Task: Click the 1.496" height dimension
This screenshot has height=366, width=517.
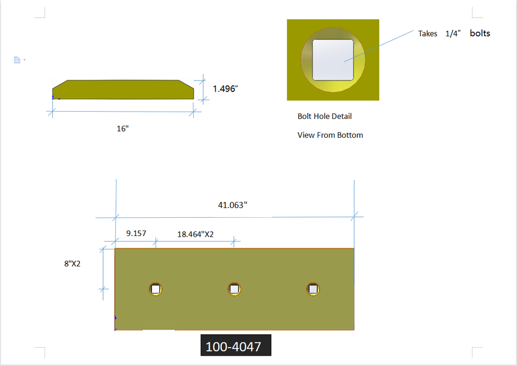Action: (225, 89)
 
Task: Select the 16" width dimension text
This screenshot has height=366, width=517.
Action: (123, 128)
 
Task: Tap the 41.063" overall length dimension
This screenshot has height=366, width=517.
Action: (232, 205)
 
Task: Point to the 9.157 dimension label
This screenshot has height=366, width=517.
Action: (136, 234)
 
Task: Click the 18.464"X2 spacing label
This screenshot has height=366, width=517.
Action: (196, 234)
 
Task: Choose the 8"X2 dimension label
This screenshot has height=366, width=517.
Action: (72, 264)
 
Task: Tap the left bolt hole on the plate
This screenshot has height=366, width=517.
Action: (155, 289)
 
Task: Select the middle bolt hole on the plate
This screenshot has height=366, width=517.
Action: (235, 289)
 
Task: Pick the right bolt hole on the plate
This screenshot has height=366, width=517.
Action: (313, 289)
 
